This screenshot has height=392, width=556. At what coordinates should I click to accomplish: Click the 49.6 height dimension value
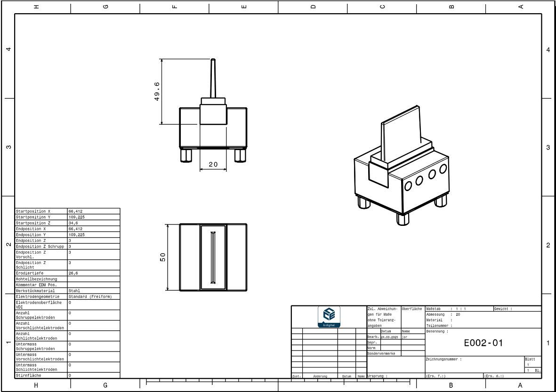(x=157, y=91)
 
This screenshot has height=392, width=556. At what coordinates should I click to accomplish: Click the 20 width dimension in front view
(x=213, y=165)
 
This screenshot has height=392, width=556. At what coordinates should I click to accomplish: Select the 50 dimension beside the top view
(x=163, y=257)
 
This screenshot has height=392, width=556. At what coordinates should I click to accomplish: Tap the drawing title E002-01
(x=483, y=343)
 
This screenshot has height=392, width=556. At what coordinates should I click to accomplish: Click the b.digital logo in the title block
(x=329, y=316)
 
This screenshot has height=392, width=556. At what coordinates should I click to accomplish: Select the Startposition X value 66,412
(x=75, y=211)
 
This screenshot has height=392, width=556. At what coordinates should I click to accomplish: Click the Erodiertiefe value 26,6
(x=73, y=273)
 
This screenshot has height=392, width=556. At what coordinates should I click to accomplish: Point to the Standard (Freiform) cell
(x=90, y=296)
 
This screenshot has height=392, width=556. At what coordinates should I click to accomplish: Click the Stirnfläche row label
(x=28, y=376)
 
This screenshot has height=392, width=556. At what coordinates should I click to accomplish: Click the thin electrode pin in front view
(x=213, y=78)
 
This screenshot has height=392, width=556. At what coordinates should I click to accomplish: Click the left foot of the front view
(x=186, y=155)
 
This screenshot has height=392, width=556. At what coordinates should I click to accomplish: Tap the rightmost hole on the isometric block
(x=443, y=168)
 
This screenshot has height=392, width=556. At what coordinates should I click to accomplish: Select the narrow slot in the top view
(x=213, y=257)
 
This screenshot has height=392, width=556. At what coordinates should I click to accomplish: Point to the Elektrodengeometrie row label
(x=38, y=296)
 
